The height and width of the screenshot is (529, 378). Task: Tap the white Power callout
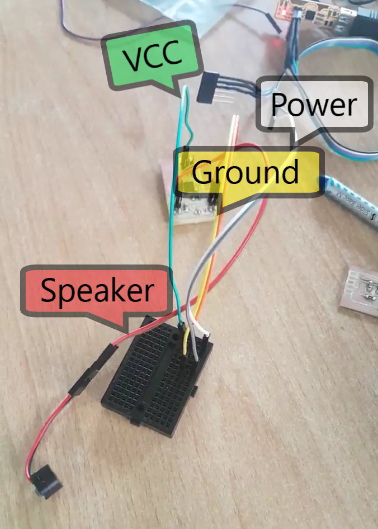tap(314, 105)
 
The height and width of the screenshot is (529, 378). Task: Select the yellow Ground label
tap(246, 172)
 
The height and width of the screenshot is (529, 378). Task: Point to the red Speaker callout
tap(96, 291)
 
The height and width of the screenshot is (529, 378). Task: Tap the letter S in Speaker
tap(49, 291)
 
